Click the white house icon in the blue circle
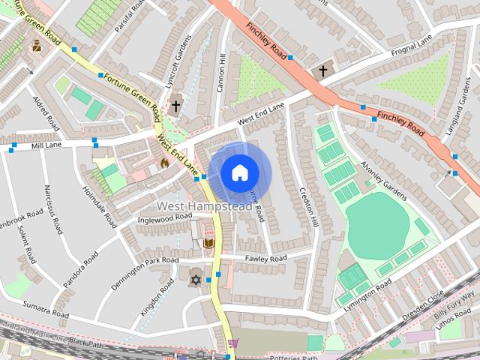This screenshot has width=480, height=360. (x=239, y=172)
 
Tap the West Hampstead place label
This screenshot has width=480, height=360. (x=203, y=205)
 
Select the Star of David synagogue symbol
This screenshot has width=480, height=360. (x=196, y=280)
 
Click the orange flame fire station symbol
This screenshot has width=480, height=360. (x=164, y=161)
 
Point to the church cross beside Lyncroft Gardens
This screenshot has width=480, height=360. (x=175, y=106)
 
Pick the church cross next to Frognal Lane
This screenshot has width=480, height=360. (x=323, y=71)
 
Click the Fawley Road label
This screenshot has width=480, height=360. (x=265, y=259)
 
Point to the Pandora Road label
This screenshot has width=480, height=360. (x=81, y=271)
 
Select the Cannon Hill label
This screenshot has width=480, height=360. (x=221, y=73)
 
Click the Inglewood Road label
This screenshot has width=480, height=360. (x=165, y=218)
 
